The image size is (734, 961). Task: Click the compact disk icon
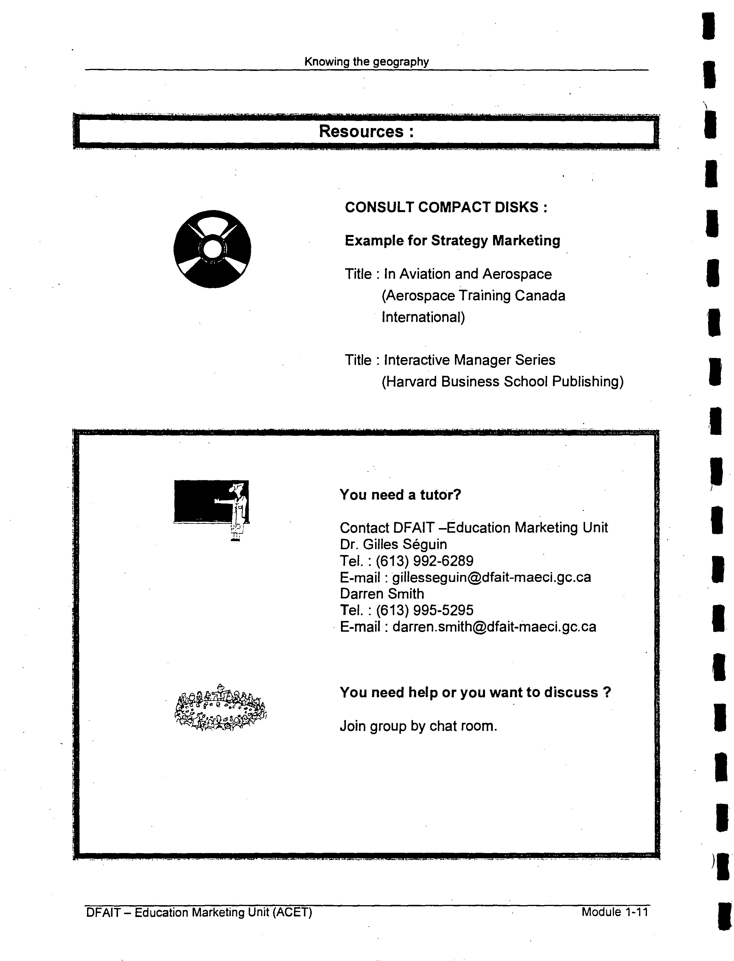point(212,249)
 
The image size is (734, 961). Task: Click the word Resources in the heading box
point(361,131)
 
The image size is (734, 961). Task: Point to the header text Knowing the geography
point(366,62)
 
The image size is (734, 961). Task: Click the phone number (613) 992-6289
point(424,561)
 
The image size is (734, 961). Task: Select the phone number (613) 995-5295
point(424,610)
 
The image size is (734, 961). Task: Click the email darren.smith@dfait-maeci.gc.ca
point(494,627)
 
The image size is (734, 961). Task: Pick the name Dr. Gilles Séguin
point(393,544)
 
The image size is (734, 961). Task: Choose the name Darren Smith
point(382,594)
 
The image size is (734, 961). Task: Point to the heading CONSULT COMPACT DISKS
point(446,207)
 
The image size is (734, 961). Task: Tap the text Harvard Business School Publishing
point(502,382)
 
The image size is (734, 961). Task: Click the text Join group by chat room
point(418,726)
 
